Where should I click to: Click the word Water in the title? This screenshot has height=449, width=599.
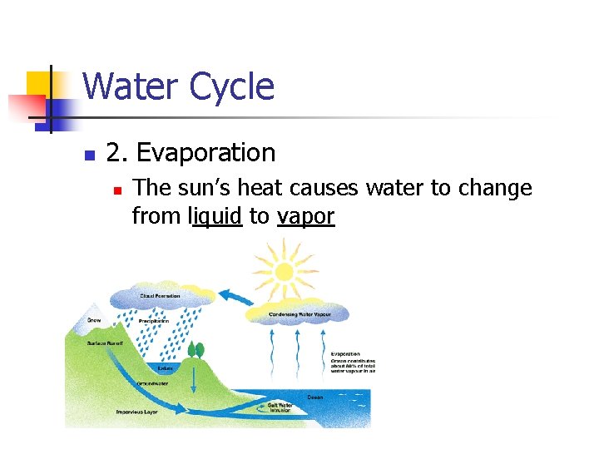click(131, 86)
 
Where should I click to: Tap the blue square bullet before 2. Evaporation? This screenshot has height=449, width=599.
click(90, 155)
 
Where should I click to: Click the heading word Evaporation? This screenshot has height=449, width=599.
click(205, 153)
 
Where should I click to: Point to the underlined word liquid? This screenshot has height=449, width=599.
click(215, 216)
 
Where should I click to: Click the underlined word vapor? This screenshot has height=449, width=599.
click(305, 216)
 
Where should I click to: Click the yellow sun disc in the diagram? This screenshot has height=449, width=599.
click(284, 271)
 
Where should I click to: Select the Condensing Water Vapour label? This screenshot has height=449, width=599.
click(299, 314)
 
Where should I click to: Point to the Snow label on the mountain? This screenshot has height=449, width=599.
click(94, 318)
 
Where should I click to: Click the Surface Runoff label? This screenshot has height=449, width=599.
click(106, 343)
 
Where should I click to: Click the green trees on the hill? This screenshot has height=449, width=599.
click(196, 350)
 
